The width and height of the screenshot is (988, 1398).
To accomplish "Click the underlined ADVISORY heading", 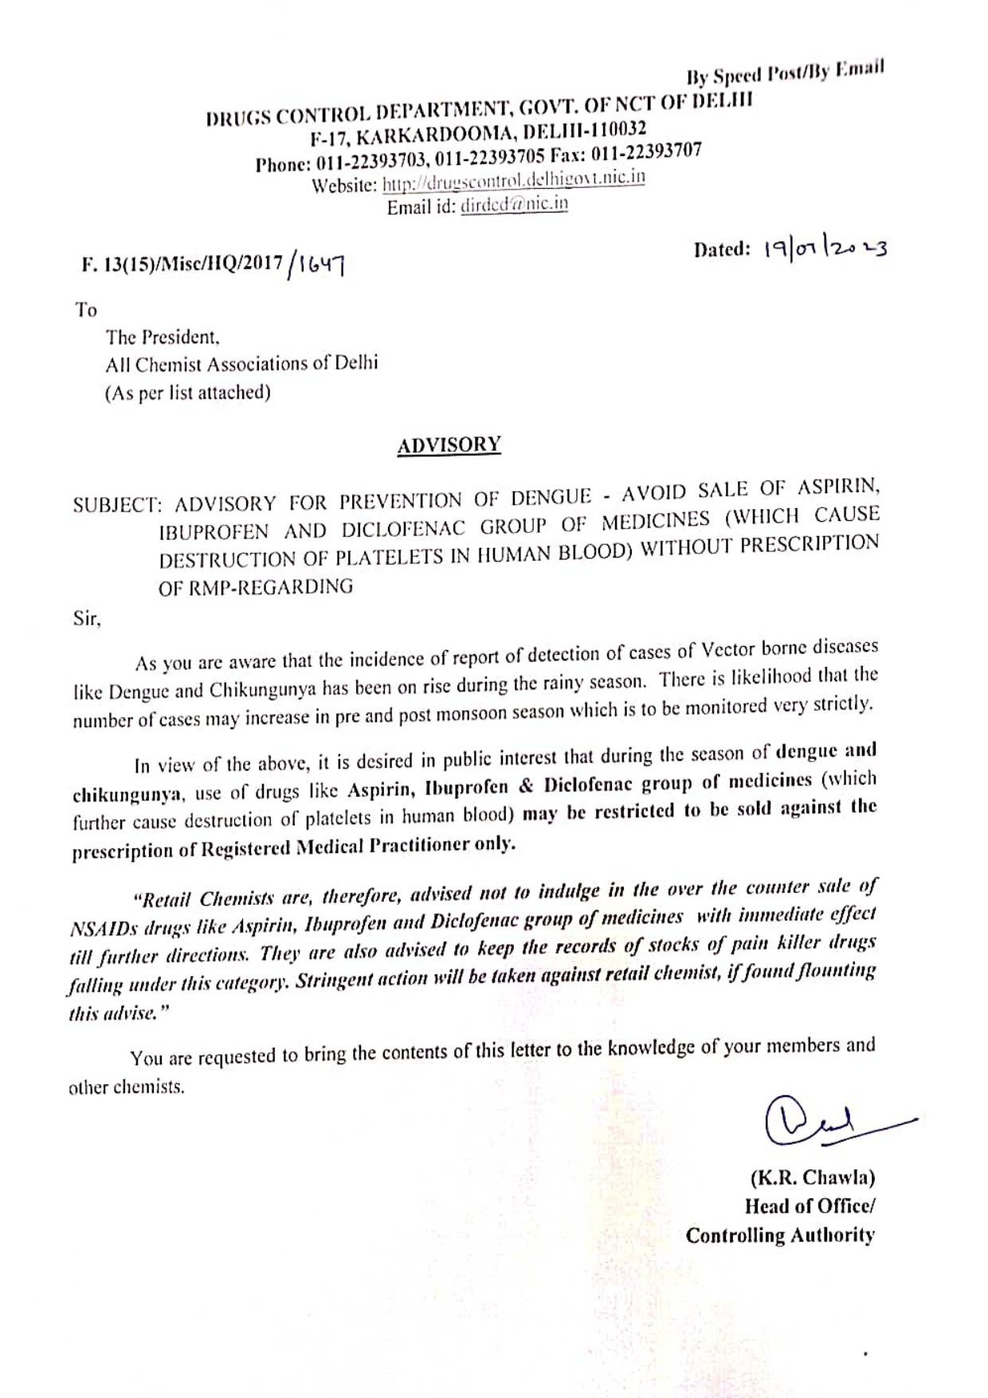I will [449, 444].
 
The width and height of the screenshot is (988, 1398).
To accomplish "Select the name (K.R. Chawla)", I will [812, 1177].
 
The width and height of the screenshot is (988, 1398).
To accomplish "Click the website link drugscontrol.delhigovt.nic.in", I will [514, 181].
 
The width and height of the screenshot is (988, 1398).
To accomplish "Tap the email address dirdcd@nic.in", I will [514, 205].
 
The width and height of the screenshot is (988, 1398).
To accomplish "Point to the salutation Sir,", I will [87, 618].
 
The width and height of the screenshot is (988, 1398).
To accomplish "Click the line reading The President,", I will [163, 337].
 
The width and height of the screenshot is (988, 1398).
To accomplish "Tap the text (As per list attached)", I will [188, 393].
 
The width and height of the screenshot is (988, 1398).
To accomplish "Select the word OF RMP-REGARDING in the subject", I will [256, 587].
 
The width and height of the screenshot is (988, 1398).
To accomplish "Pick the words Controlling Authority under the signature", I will [780, 1235].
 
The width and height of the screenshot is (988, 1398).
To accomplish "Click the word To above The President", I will [86, 309].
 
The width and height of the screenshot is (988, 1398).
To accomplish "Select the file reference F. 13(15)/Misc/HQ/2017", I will [182, 264].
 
